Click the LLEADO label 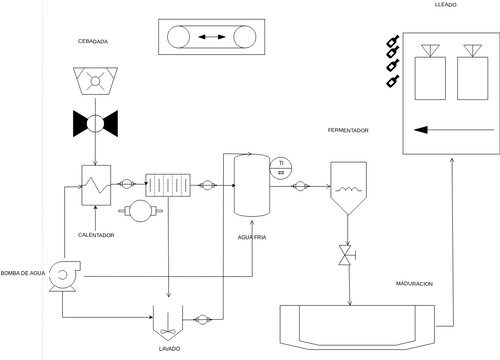(446, 7)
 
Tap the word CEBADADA (93, 41)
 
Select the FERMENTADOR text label (348, 131)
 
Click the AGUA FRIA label (253, 236)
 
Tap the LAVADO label (168, 347)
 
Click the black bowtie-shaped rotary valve (95, 124)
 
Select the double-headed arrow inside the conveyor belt (212, 37)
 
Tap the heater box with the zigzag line (95, 184)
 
